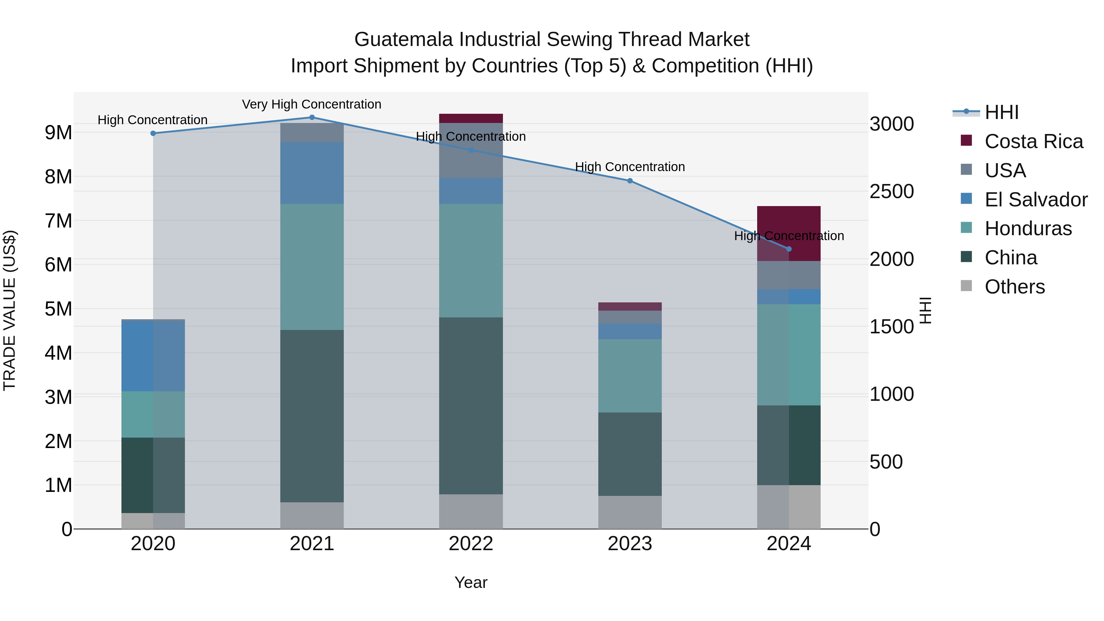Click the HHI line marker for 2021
click(x=312, y=117)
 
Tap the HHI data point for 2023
click(x=630, y=181)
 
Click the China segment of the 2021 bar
click(x=312, y=416)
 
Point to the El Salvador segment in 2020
click(x=153, y=356)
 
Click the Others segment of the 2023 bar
click(x=630, y=512)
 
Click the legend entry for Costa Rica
click(x=1033, y=141)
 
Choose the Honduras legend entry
click(x=1028, y=228)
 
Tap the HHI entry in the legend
click(x=1001, y=112)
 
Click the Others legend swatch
click(x=966, y=286)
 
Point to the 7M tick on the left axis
click(x=59, y=221)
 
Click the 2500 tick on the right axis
click(x=891, y=192)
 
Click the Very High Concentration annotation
click(x=312, y=104)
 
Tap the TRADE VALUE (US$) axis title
click(x=10, y=310)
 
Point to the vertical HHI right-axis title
click(x=926, y=310)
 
